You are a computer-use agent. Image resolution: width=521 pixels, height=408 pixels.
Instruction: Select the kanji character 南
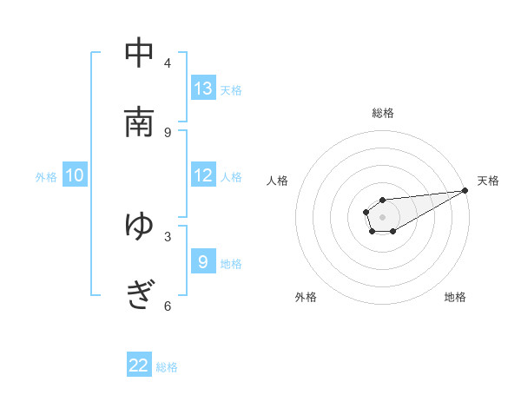tap(139, 122)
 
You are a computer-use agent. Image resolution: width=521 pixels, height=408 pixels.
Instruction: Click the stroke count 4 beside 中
tap(168, 63)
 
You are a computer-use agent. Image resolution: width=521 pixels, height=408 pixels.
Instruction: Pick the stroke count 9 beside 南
tap(168, 132)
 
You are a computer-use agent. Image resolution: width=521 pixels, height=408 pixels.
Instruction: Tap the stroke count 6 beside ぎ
tap(168, 306)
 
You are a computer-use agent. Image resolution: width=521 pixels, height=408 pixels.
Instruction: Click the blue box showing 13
tap(203, 89)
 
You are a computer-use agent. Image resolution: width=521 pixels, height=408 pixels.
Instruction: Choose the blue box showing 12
tap(203, 175)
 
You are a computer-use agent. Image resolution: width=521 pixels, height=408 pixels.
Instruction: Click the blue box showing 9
tap(203, 262)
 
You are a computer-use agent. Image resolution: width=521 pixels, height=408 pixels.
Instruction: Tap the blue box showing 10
tap(75, 175)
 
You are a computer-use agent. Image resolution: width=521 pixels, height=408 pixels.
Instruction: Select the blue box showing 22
tap(139, 365)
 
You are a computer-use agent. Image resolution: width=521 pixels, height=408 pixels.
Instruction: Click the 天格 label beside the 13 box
tap(231, 90)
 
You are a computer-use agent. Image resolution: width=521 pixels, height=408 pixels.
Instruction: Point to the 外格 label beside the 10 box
tap(46, 177)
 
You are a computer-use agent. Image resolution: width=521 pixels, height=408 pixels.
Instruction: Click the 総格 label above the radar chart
tap(383, 113)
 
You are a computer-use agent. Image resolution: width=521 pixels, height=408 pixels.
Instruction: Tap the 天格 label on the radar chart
tap(488, 181)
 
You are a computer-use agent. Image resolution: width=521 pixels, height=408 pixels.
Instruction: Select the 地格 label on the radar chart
tap(455, 297)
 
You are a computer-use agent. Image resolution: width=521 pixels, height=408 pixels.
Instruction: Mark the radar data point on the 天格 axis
tap(465, 189)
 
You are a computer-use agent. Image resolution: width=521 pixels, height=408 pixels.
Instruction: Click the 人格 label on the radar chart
tap(278, 181)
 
